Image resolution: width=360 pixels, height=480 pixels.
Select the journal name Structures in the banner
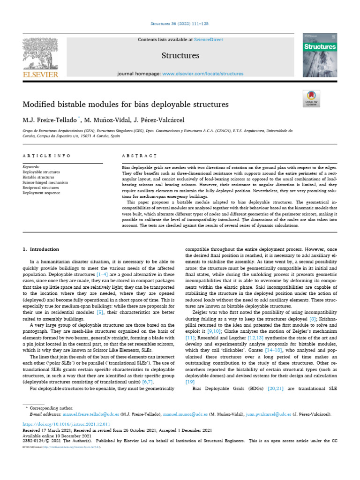[180, 56]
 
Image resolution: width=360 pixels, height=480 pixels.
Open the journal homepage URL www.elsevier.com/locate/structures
[202, 74]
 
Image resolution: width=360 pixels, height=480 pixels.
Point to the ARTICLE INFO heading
[46, 155]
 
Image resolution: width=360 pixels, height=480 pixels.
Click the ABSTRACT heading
[139, 155]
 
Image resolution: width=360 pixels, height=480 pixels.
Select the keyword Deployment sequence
[41, 193]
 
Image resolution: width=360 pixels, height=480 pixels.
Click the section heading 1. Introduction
[41, 249]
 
